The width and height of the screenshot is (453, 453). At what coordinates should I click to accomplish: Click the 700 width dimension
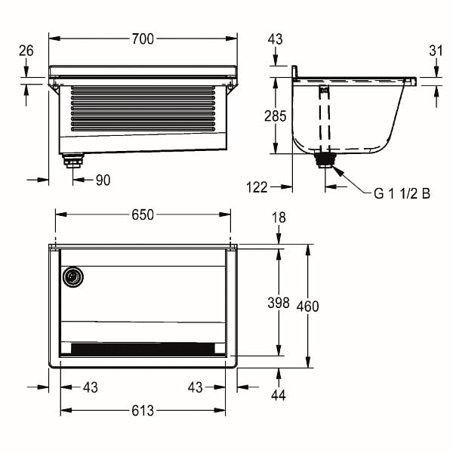[x=143, y=39]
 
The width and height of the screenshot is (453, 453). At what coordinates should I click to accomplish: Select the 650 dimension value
[x=143, y=215]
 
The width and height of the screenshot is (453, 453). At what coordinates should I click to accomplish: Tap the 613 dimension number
[x=143, y=411]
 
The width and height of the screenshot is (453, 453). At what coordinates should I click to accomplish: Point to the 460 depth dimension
[x=308, y=307]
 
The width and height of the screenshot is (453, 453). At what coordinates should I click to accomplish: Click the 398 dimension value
[x=279, y=303]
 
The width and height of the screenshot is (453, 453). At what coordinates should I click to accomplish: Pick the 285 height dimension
[x=276, y=116]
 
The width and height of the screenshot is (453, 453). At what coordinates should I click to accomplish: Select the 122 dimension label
[x=257, y=187]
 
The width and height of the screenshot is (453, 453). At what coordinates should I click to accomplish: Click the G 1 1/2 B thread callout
[x=402, y=193]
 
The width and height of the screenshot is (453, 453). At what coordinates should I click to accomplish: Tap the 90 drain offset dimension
[x=103, y=180]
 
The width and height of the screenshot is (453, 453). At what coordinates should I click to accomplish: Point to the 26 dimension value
[x=26, y=51]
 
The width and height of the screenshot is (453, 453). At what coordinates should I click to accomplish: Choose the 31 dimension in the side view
[x=436, y=51]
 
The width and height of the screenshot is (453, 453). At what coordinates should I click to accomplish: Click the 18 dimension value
[x=279, y=217]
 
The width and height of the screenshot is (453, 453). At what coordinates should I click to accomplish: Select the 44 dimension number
[x=279, y=395]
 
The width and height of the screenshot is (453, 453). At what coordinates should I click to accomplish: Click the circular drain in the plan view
[x=73, y=277]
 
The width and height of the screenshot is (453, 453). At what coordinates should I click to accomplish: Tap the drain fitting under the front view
[x=72, y=161]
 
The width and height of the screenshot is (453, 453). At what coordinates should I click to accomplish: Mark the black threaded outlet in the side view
[x=325, y=160]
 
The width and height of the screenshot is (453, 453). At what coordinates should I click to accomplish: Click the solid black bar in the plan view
[x=143, y=350]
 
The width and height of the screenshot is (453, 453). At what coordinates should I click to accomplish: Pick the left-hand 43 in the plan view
[x=91, y=387]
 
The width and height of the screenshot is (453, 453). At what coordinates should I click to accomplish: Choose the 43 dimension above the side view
[x=275, y=39]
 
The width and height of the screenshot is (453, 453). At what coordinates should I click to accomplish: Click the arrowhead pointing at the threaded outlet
[x=339, y=171]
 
